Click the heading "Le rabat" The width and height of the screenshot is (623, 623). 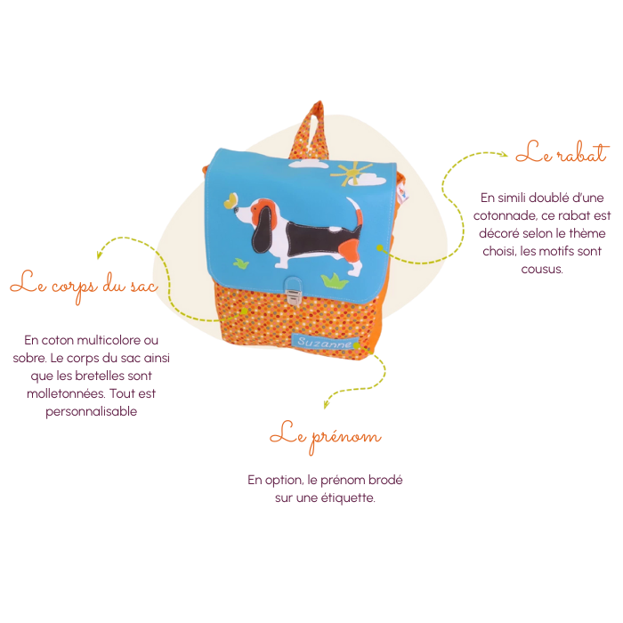(562, 152)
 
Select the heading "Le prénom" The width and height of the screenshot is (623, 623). (326, 437)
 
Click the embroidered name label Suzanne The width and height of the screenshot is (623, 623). (325, 342)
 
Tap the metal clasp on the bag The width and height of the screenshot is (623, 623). (293, 292)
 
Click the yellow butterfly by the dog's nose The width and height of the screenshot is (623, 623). (231, 200)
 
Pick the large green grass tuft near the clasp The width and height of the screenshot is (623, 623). (334, 281)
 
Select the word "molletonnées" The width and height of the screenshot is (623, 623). (66, 393)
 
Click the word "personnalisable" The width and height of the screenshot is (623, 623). (91, 411)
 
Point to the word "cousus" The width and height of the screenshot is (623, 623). (542, 270)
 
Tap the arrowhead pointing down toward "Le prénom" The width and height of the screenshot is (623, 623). (327, 404)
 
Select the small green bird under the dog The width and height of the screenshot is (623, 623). (241, 263)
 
